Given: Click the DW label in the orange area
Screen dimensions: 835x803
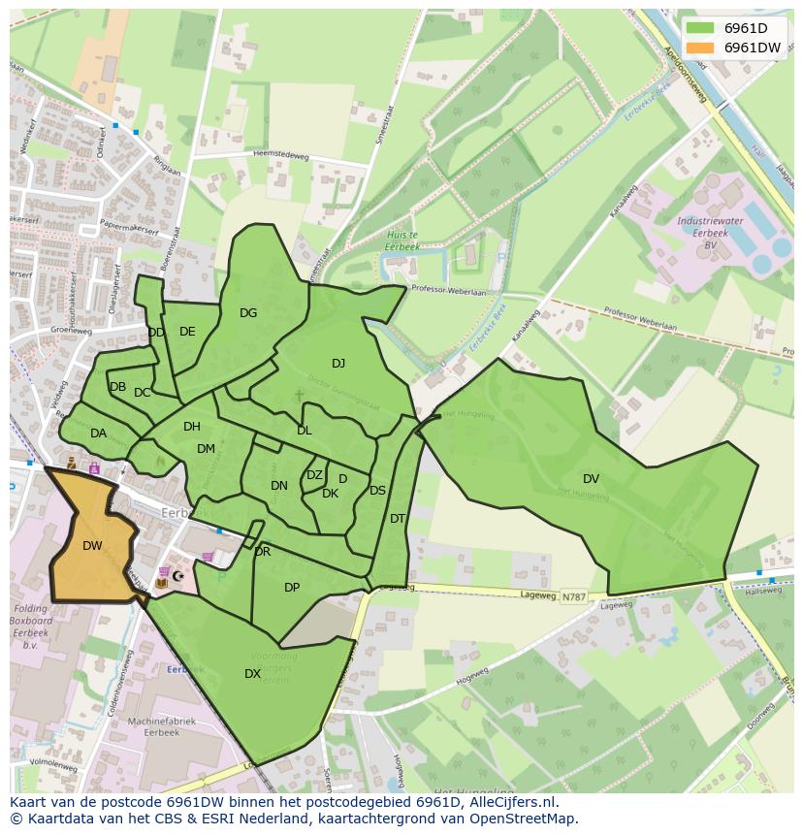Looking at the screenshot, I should coord(92,546).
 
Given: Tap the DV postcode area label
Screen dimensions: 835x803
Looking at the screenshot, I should coord(591,478).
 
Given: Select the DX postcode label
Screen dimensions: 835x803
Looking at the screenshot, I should coord(252,674).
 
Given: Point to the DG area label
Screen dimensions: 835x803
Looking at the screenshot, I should coord(248,312).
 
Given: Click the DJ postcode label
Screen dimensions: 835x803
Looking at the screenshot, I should coord(338,364).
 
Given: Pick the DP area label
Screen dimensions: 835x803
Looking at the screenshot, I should coord(292,588).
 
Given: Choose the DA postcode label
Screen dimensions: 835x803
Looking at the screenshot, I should coord(98,434).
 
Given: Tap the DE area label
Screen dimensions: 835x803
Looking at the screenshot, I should coord(187,332).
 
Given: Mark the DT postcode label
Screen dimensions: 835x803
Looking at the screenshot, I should coord(397,519).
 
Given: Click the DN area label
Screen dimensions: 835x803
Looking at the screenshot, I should coord(279,486).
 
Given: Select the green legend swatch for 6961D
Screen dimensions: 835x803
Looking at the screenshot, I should coord(696,28).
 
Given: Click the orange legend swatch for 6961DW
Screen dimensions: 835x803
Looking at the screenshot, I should coord(696,48).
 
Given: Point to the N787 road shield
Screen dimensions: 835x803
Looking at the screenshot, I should coord(572,597).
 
